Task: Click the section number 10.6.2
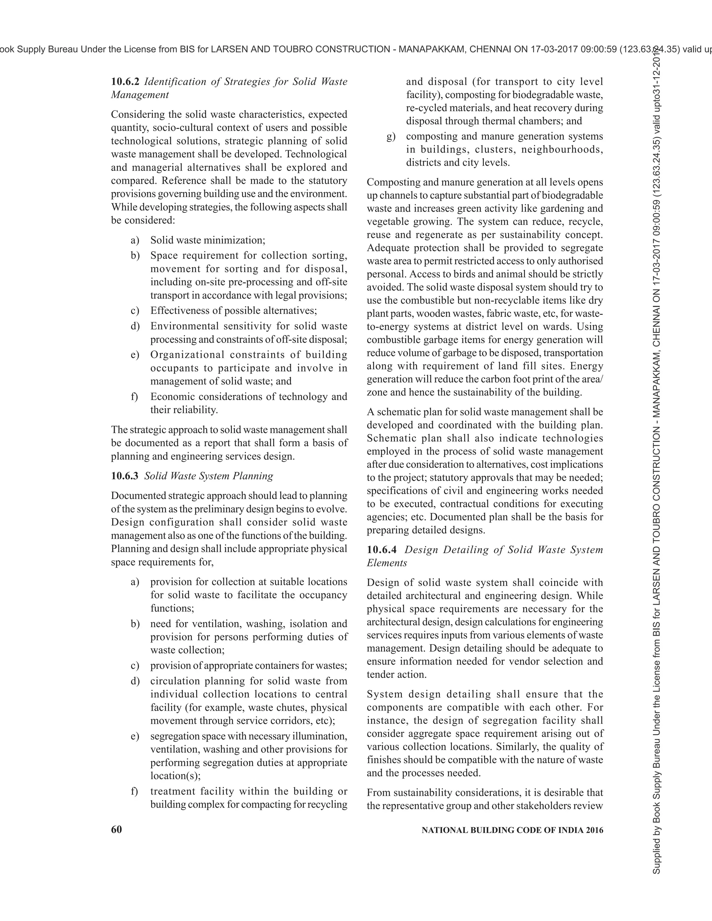point(125,81)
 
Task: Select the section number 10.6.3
point(125,476)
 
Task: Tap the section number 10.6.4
point(381,550)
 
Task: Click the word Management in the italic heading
point(140,95)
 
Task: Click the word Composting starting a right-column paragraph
point(392,182)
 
